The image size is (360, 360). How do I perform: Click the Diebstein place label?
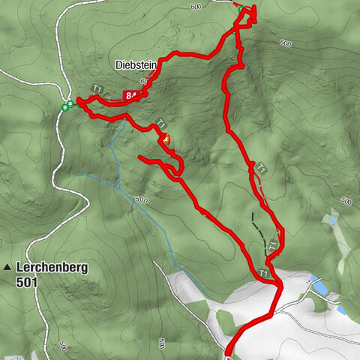(136, 65)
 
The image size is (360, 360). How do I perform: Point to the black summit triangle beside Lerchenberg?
(7, 267)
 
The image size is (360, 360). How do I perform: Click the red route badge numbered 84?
(132, 95)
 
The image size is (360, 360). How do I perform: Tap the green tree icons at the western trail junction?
(67, 106)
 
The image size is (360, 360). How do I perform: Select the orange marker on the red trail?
(166, 139)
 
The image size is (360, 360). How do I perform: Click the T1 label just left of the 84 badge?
(97, 89)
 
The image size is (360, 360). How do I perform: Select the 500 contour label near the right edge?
(345, 201)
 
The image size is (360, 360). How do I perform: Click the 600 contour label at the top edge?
(196, 7)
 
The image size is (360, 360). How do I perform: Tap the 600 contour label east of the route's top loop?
(284, 43)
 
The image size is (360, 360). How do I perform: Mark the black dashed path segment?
(258, 228)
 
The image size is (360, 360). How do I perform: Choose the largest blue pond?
(320, 289)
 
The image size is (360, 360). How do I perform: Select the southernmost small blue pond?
(341, 310)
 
